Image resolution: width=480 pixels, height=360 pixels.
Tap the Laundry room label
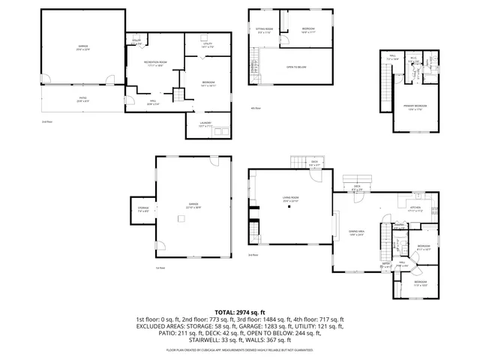coord(205,124)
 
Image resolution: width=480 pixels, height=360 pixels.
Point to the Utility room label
coord(208,45)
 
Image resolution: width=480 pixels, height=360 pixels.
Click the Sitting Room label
coord(265,31)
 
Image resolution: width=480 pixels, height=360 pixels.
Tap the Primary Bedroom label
coord(411,109)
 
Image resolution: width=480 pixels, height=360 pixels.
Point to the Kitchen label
coord(415,209)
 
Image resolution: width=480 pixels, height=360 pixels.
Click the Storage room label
coord(143,209)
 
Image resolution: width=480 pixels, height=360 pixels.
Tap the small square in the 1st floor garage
coord(181,219)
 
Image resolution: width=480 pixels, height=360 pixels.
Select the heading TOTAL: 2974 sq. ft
coord(240,311)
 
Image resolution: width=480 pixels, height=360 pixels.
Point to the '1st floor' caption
coord(159,268)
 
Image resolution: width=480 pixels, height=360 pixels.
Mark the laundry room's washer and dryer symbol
coord(217,133)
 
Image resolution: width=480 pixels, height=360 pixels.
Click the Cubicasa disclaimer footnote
coord(240,349)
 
